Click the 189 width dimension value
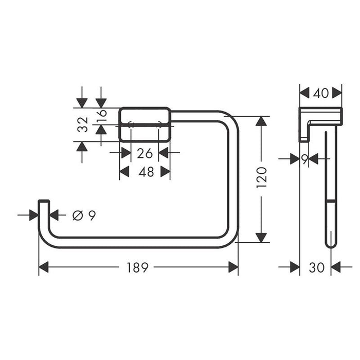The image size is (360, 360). click(138, 267)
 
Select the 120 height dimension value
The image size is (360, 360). click(262, 177)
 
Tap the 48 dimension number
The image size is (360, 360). click(146, 172)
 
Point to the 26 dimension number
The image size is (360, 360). click(145, 153)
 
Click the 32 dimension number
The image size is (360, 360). click(83, 124)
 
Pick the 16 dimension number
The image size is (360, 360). click(101, 116)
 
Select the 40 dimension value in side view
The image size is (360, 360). click(321, 94)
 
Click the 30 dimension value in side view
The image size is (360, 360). click(317, 267)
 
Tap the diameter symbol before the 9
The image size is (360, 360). click(77, 215)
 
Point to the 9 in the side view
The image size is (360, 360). click(304, 159)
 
